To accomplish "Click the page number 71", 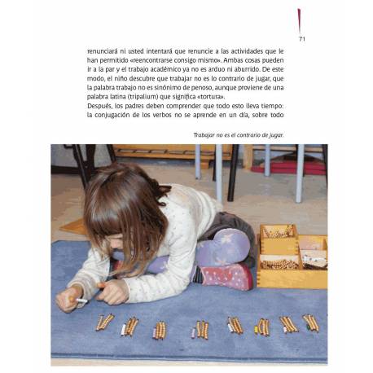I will (x=302, y=38).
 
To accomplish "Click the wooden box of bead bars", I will (x=291, y=253).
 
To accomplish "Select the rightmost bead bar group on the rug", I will (x=309, y=323).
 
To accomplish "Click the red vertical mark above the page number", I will (x=300, y=21).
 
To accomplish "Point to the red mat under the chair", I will (x=285, y=167).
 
